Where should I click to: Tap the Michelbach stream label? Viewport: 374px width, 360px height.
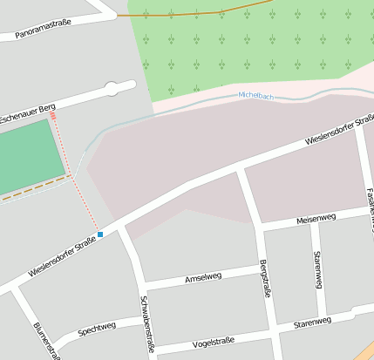click(x=256, y=96)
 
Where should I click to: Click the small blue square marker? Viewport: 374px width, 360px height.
click(x=100, y=234)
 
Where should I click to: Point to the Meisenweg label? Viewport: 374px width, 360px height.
click(x=316, y=217)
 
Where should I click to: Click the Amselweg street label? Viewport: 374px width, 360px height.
click(x=203, y=277)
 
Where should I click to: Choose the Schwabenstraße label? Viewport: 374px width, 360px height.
click(x=146, y=323)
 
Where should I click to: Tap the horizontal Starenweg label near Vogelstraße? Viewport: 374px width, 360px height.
click(x=311, y=323)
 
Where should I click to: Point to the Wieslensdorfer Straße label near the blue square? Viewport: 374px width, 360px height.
click(x=61, y=258)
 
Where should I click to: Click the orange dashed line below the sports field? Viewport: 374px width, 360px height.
click(x=35, y=189)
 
